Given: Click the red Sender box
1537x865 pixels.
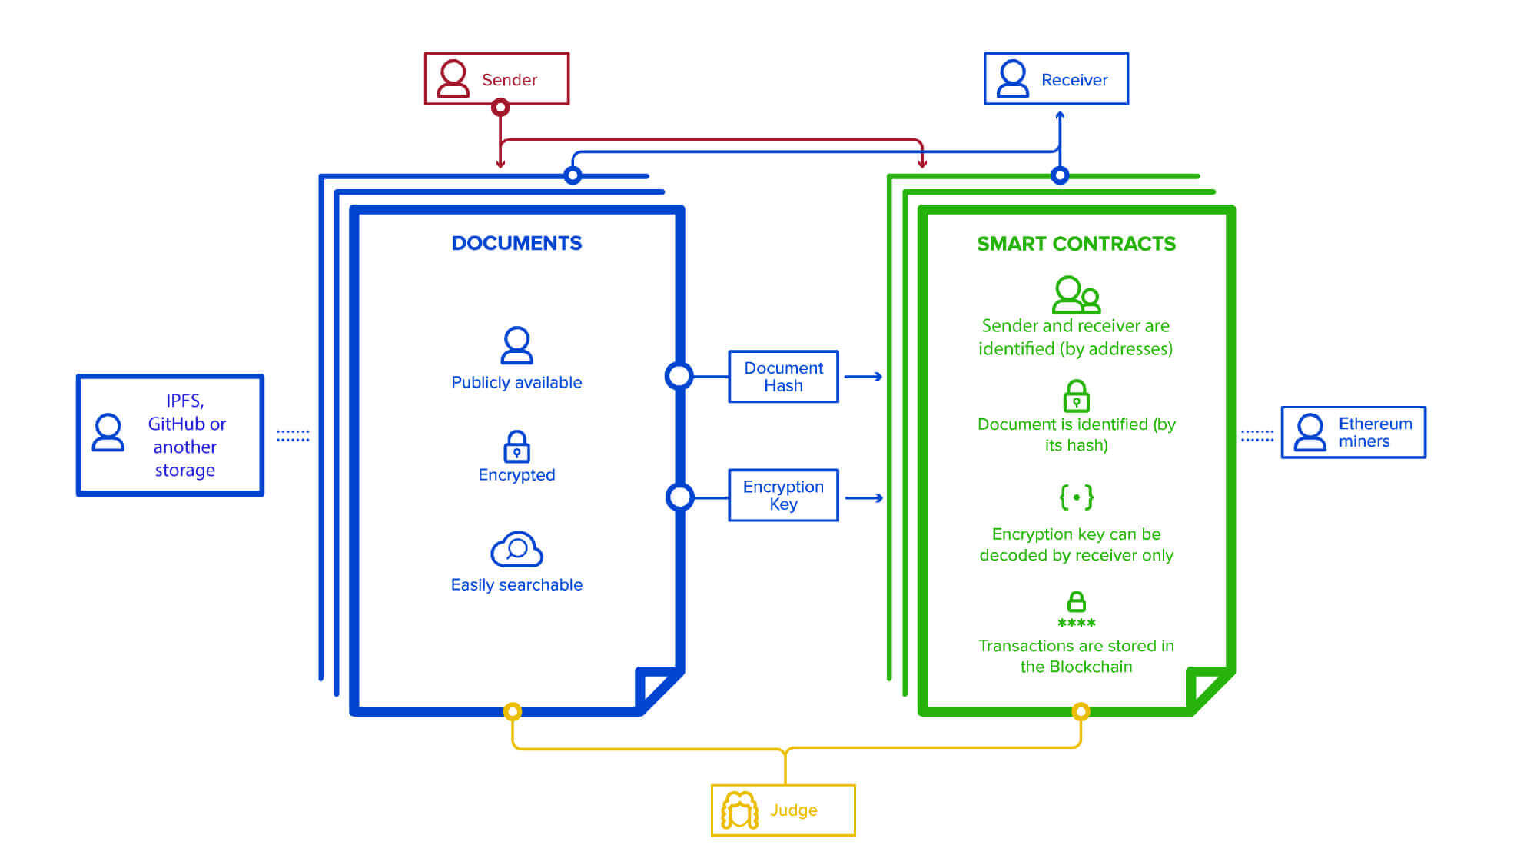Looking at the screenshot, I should click(496, 78).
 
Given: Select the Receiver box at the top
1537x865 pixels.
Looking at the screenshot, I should click(1056, 78).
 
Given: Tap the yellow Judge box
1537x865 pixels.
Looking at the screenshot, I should click(782, 810).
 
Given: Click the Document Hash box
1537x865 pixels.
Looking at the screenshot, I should click(783, 377).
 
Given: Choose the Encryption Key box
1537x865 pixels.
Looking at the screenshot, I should click(783, 495).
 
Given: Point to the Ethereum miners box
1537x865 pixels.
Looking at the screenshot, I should click(1353, 432).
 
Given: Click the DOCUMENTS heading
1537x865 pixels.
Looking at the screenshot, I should click(516, 243).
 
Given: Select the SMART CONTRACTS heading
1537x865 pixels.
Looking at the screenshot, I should click(1076, 244).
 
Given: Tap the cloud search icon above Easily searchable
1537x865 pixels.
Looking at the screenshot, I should click(516, 549).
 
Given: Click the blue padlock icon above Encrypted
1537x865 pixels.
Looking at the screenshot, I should click(516, 446).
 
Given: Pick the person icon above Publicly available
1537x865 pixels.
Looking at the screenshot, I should click(516, 345).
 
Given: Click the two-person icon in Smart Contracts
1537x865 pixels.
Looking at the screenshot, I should click(1076, 294).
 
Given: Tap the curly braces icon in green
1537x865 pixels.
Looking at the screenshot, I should click(1076, 497).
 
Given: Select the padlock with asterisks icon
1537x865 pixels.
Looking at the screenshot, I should click(1076, 610).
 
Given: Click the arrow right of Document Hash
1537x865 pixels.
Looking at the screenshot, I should click(864, 377).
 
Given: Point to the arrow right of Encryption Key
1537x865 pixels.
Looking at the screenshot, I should click(864, 498).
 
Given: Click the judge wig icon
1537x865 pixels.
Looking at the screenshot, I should click(739, 810).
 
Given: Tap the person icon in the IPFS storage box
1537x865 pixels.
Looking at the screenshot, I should click(108, 433).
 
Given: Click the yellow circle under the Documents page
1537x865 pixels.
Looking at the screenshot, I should click(513, 711).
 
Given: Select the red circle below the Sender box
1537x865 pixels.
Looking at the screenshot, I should click(500, 107).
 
